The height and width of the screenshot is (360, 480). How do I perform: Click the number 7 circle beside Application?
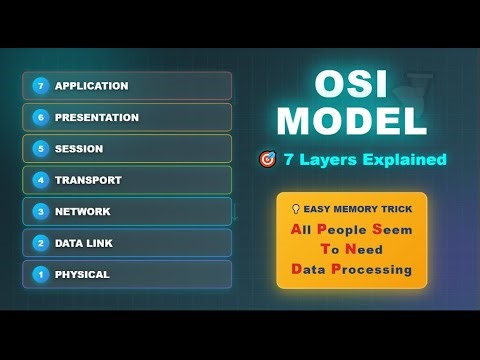click(x=41, y=86)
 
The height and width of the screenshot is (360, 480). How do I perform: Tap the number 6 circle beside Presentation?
click(x=41, y=117)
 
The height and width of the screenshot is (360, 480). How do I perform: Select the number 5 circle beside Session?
click(x=41, y=149)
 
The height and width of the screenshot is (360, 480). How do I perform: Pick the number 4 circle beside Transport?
click(x=41, y=180)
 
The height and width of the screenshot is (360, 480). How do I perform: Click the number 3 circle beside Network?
click(x=41, y=211)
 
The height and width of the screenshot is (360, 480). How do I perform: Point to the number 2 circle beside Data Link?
click(x=41, y=243)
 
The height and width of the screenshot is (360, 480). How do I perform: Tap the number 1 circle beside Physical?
click(x=41, y=274)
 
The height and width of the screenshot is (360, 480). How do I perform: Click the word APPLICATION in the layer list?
click(x=92, y=86)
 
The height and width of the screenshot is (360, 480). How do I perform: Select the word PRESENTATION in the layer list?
click(x=97, y=117)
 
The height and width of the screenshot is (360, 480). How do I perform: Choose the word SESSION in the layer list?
click(x=79, y=149)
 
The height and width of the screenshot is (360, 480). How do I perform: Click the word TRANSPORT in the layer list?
click(x=88, y=180)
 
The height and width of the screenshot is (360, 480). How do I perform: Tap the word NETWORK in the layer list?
click(x=83, y=211)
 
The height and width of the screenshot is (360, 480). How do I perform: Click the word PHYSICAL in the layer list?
click(x=82, y=274)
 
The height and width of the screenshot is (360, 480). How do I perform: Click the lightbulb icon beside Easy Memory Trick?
click(x=295, y=209)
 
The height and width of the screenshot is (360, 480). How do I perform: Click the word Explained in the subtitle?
click(x=404, y=159)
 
